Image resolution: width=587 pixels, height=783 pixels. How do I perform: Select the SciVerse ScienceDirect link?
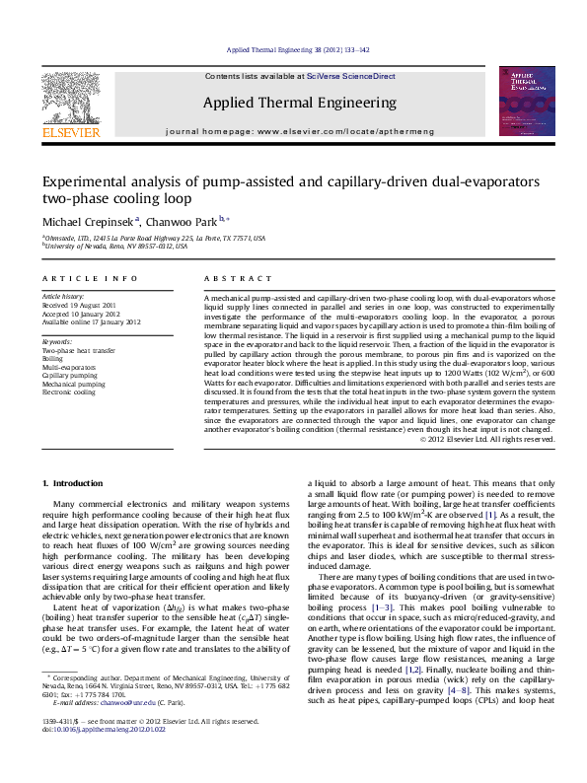click(350, 76)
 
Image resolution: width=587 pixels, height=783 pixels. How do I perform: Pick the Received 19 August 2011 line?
click(78, 306)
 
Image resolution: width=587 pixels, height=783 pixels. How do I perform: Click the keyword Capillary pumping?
click(70, 376)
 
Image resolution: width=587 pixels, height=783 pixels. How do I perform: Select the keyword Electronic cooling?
click(70, 391)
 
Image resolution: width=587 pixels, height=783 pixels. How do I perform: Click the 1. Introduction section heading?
click(75, 483)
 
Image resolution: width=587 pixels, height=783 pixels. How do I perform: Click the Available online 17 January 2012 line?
click(91, 321)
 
